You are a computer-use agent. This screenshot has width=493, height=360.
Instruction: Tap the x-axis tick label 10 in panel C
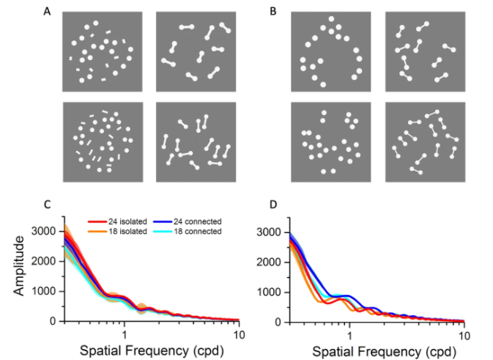click(x=238, y=334)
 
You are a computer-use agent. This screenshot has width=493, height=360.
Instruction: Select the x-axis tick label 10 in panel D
click(x=463, y=334)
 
